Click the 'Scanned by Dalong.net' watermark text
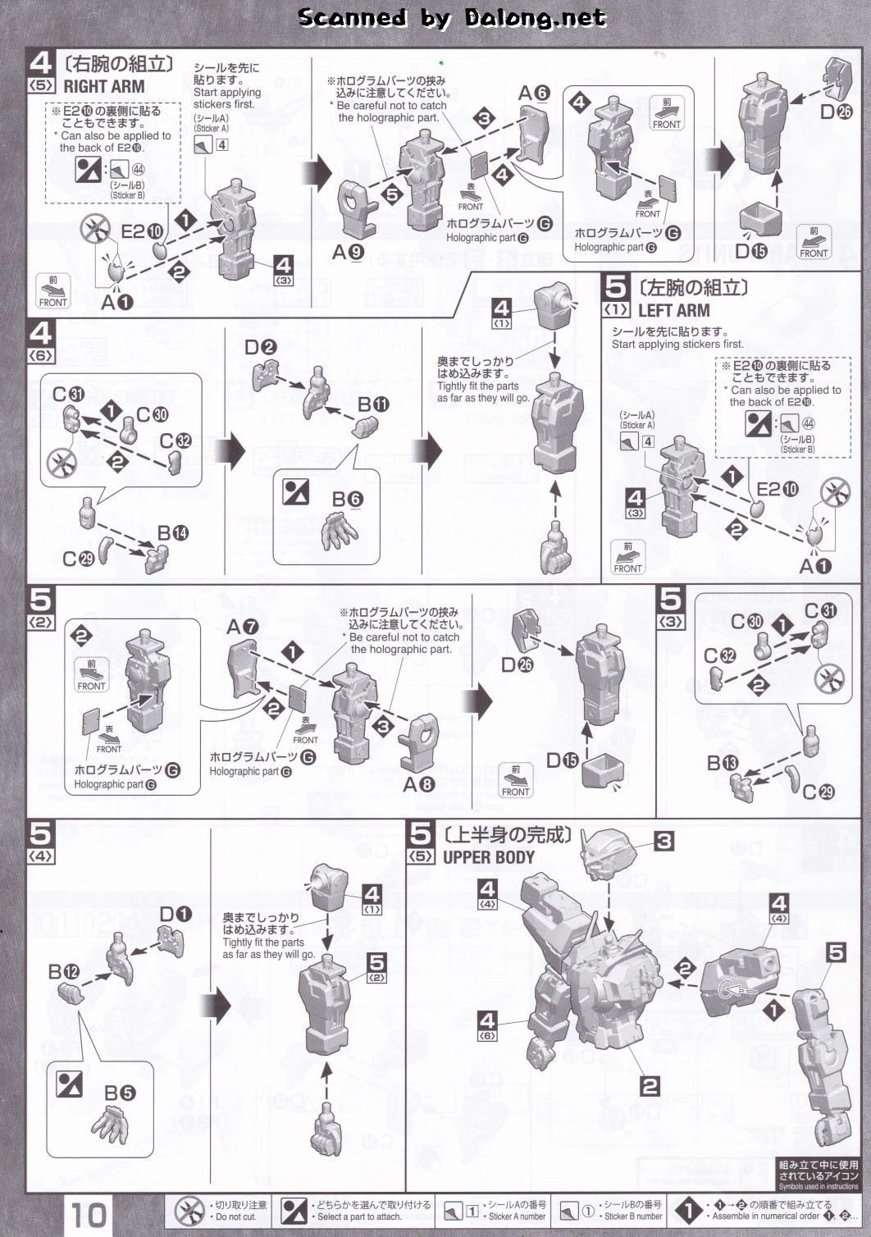click(x=452, y=17)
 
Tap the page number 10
click(x=88, y=1214)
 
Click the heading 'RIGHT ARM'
click(x=103, y=86)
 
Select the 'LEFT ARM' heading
click(x=673, y=310)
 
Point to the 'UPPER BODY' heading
click(x=488, y=857)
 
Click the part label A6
click(x=533, y=93)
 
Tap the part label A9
click(x=348, y=252)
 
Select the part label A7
click(x=243, y=627)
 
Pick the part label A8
click(x=418, y=784)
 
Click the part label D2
click(x=260, y=347)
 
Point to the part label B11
click(x=373, y=404)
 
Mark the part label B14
click(x=173, y=533)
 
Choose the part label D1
click(x=175, y=914)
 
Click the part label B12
click(x=63, y=972)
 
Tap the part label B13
click(x=723, y=763)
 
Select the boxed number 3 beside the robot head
click(x=664, y=841)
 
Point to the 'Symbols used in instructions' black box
click(x=819, y=1175)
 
